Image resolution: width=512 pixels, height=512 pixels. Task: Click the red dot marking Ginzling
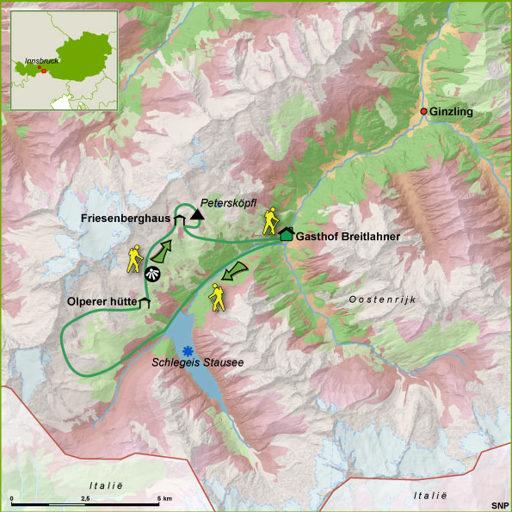pos(423,112)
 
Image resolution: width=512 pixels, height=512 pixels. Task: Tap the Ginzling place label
pos(452,112)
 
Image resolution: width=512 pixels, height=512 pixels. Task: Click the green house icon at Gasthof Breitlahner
pos(286,233)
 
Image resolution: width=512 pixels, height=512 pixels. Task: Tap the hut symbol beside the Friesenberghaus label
pos(179,220)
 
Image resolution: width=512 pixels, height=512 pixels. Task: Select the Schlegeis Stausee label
pos(198,363)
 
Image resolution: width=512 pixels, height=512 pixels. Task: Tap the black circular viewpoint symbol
pos(151,275)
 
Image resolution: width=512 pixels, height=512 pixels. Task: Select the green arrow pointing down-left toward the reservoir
pos(232,272)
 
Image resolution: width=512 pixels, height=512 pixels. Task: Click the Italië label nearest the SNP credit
pos(430,495)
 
